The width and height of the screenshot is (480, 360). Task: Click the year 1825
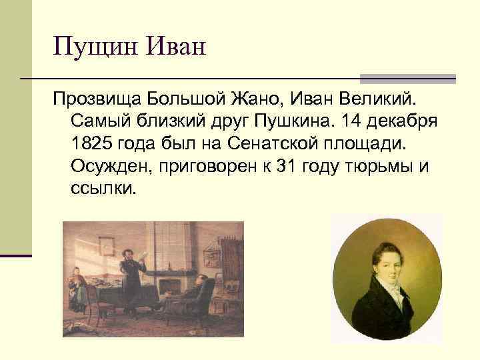point(91,145)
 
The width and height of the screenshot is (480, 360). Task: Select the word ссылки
point(102,189)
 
